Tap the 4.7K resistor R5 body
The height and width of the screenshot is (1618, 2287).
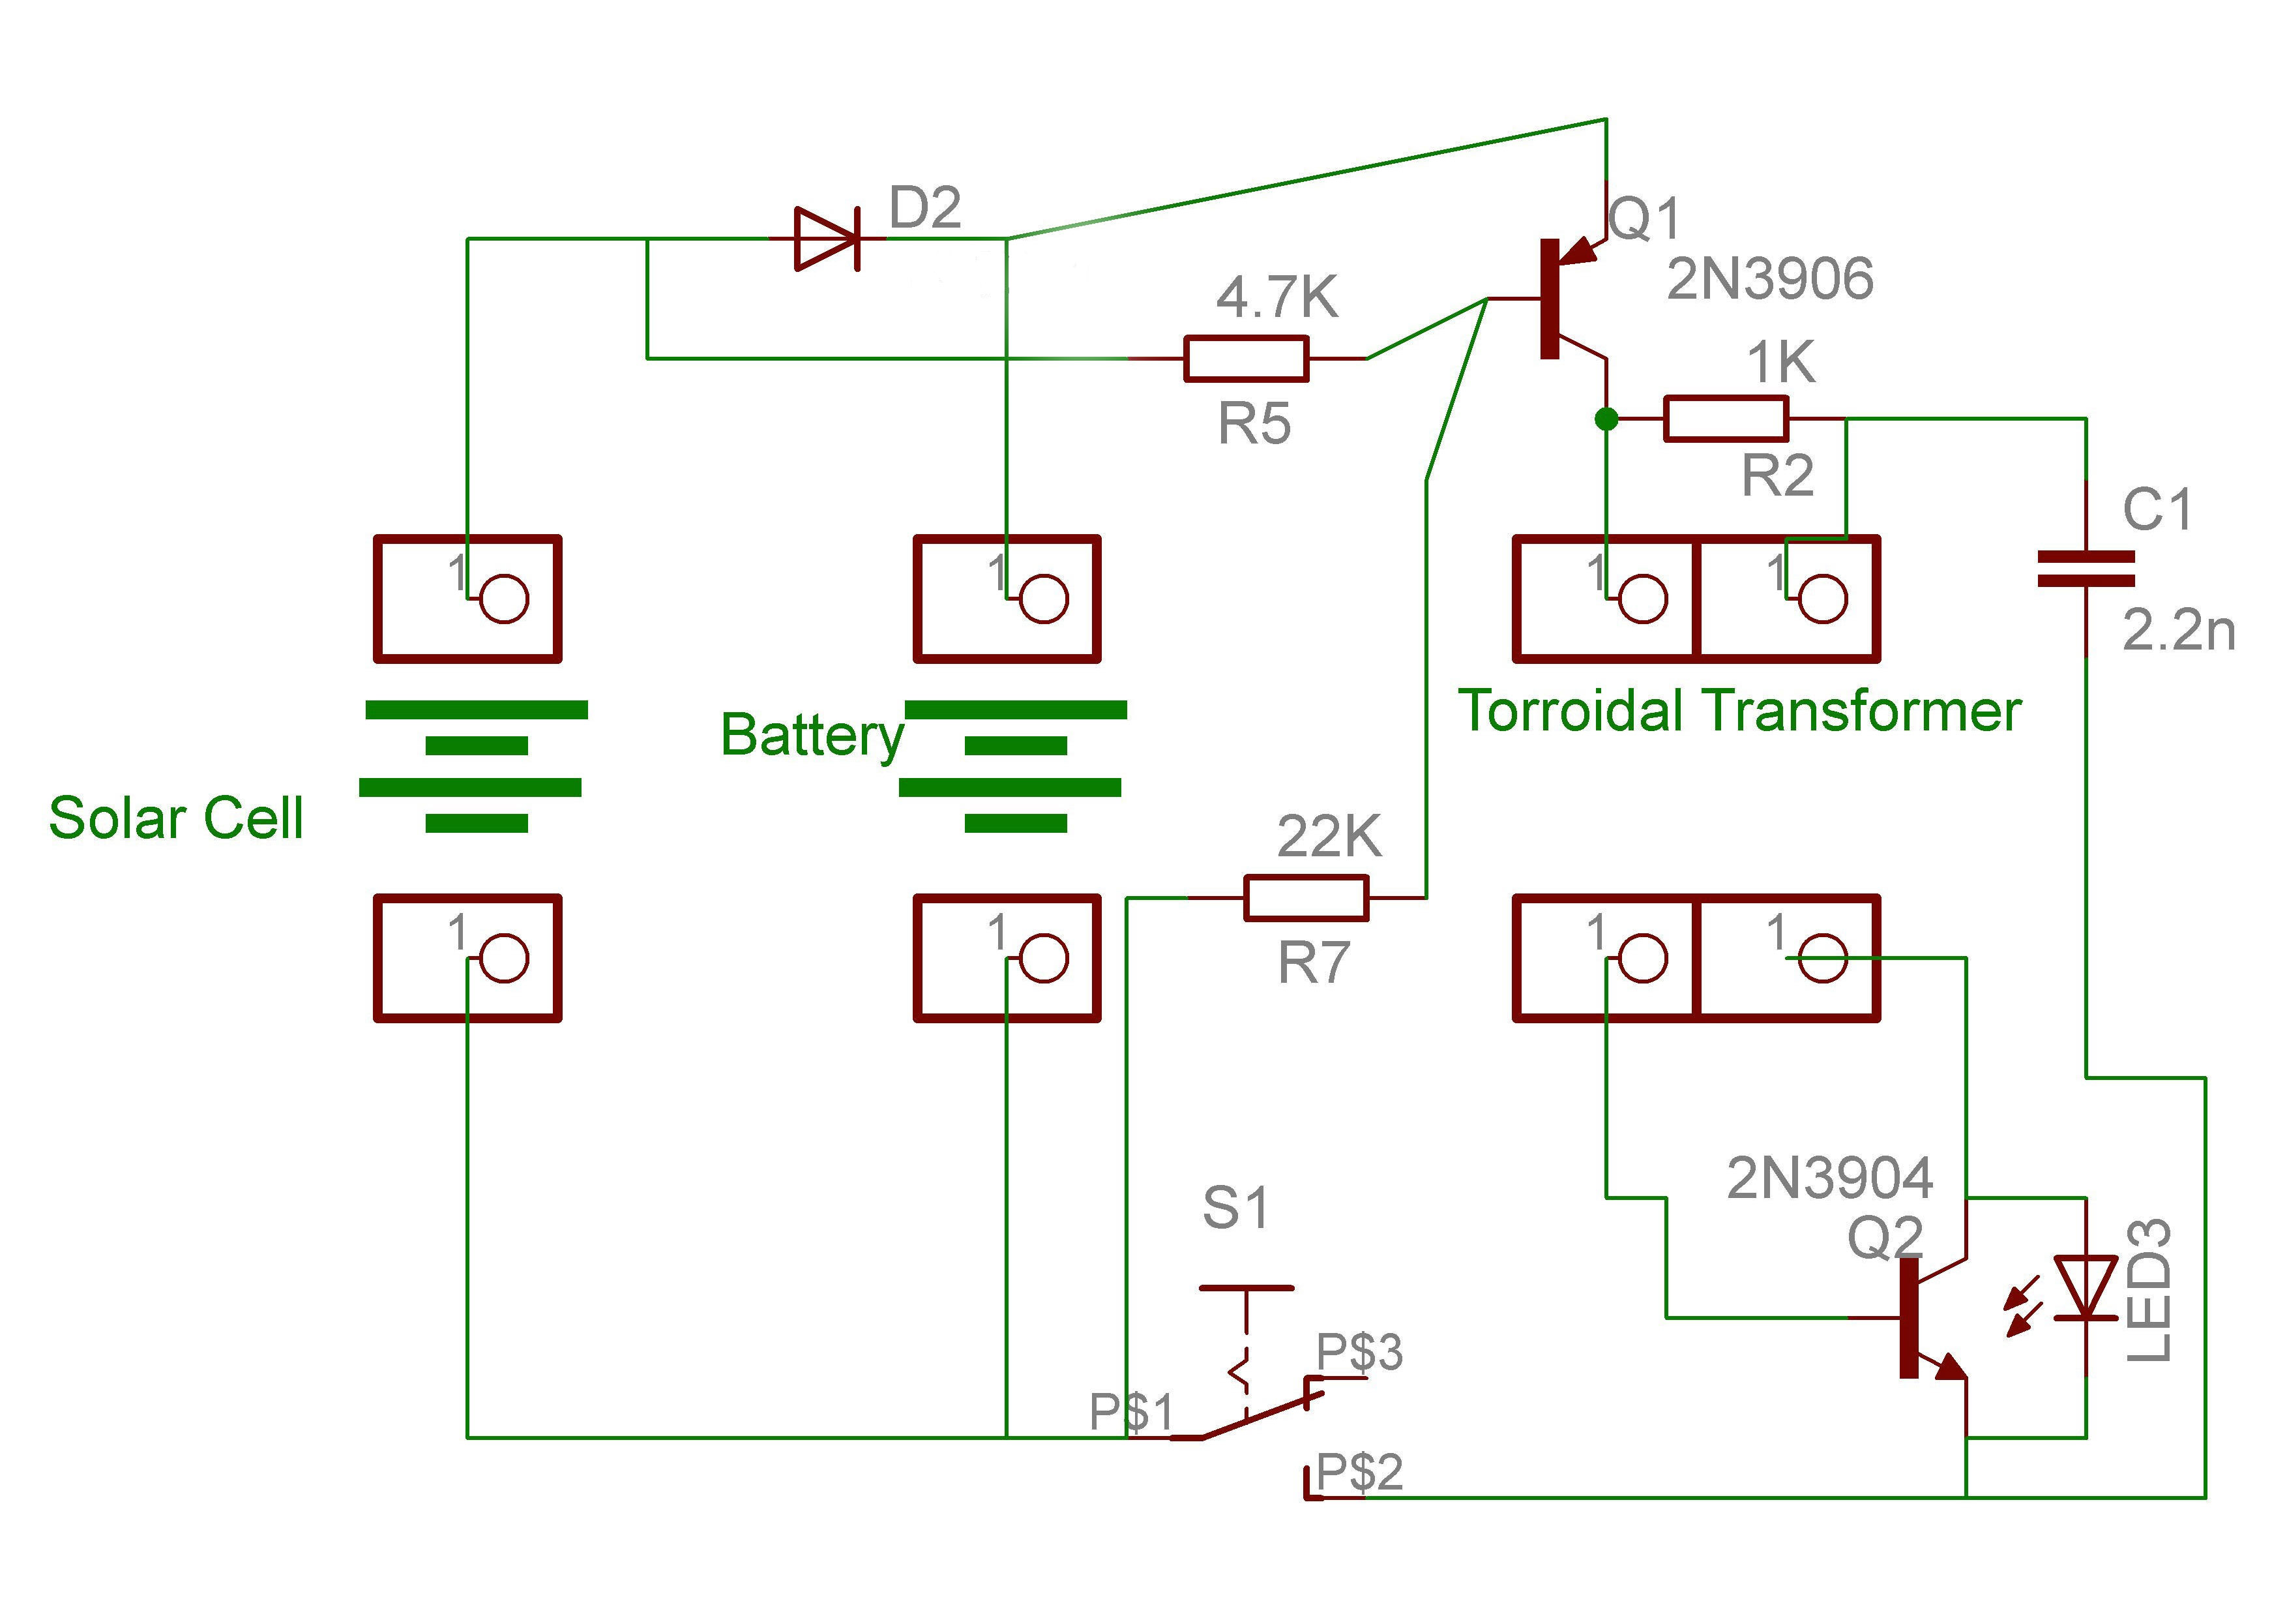click(x=1246, y=359)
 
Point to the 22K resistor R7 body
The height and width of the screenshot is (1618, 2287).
click(x=1306, y=897)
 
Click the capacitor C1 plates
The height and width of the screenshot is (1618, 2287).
click(x=2086, y=568)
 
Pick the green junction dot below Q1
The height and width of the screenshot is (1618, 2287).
click(x=1606, y=419)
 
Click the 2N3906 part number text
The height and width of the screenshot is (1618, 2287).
click(x=1770, y=279)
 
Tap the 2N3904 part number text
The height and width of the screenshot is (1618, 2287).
click(x=1830, y=1178)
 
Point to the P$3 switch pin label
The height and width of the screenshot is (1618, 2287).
click(x=1360, y=1352)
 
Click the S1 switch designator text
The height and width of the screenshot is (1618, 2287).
click(x=1235, y=1208)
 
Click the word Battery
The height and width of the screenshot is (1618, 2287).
click(x=812, y=736)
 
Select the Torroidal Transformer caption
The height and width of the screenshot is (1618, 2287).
click(x=1739, y=712)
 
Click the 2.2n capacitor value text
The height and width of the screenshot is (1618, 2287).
click(x=2178, y=631)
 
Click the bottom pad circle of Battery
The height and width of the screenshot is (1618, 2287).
click(x=1044, y=959)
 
